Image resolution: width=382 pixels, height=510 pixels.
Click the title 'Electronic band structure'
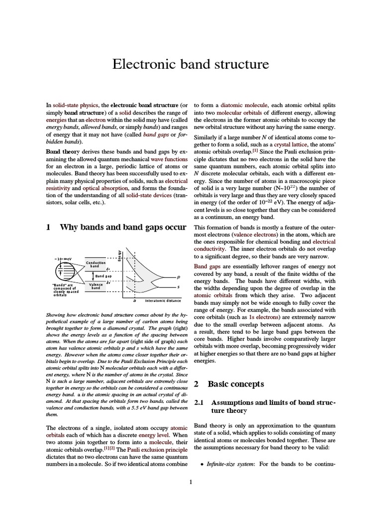pyautogui.click(x=191, y=64)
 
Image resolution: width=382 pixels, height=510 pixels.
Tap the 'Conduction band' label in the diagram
pyautogui.click(x=95, y=264)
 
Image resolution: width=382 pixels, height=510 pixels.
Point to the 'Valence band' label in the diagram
pyautogui.click(x=95, y=286)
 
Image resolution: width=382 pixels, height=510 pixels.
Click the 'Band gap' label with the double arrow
pyautogui.click(x=103, y=275)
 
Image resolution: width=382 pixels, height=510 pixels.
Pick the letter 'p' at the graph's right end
pyautogui.click(x=179, y=277)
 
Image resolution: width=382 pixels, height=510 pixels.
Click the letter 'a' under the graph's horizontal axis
pyautogui.click(x=135, y=301)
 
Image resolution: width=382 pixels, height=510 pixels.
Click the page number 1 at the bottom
pyautogui.click(x=191, y=482)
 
